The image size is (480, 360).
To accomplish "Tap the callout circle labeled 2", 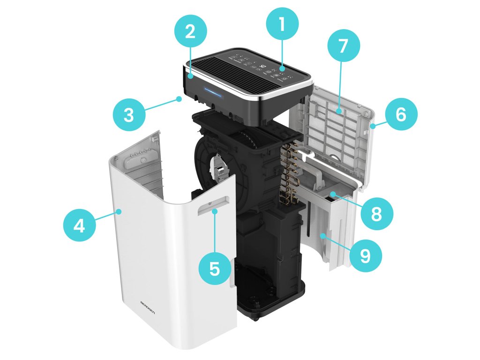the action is coord(189,32).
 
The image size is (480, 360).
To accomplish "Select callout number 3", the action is coord(128,115).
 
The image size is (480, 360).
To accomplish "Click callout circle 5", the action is coord(214,269).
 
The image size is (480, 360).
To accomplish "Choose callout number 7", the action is coord(344,46).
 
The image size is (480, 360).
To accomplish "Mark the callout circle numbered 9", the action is coord(365,255).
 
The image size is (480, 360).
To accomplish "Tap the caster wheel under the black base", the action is coord(256,320).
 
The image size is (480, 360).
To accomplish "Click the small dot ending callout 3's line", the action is coord(179,98).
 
